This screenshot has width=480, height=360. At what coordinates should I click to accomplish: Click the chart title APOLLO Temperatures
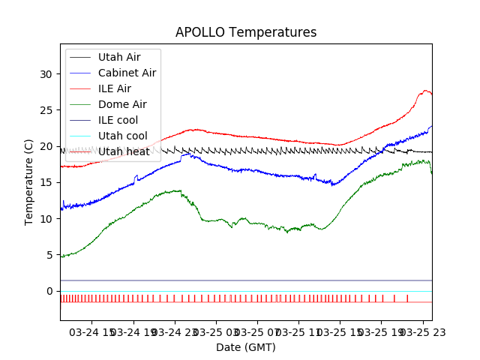pyautogui.click(x=246, y=33)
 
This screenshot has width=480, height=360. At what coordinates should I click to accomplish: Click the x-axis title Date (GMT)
pyautogui.click(x=246, y=347)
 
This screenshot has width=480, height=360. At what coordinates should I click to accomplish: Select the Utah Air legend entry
pyautogui.click(x=118, y=57)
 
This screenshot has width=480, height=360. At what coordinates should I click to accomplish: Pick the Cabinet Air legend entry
pyautogui.click(x=127, y=73)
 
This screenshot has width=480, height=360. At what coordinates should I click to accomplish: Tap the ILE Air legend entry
pyautogui.click(x=115, y=88)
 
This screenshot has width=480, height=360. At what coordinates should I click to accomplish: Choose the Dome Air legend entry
pyautogui.click(x=122, y=104)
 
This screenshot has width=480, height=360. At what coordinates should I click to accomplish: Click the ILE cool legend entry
pyautogui.click(x=118, y=120)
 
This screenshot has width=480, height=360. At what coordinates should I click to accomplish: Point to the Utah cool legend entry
pyautogui.click(x=122, y=136)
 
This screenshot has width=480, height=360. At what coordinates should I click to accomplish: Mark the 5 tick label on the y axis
pyautogui.click(x=49, y=255)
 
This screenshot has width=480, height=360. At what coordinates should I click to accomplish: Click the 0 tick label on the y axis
pyautogui.click(x=49, y=291)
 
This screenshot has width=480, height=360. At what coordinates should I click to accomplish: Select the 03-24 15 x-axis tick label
pyautogui.click(x=93, y=331)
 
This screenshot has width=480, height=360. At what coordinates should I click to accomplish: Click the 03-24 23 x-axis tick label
pyautogui.click(x=175, y=331)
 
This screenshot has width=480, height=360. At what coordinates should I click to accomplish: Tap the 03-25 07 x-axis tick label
pyautogui.click(x=256, y=331)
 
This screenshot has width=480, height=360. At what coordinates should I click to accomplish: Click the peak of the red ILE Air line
pyautogui.click(x=425, y=91)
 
